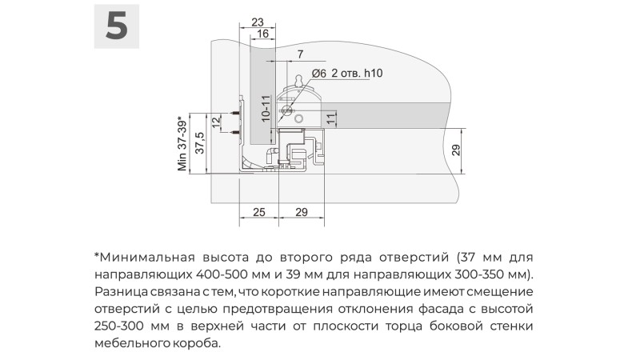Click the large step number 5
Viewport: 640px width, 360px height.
[117, 26]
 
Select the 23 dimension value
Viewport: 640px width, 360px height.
[257, 22]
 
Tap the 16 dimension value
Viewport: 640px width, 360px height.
[263, 34]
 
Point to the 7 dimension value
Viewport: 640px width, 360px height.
[301, 54]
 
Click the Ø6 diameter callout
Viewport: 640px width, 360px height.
[319, 73]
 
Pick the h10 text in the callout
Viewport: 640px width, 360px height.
[374, 73]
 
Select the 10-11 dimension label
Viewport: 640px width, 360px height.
[266, 109]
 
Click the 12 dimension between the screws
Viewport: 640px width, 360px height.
[216, 121]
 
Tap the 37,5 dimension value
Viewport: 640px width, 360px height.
[200, 143]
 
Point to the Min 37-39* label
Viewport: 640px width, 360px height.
[182, 144]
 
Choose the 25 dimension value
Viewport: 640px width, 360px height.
[258, 212]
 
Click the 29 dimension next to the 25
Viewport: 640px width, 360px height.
[302, 212]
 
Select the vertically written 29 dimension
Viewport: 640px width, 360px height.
[456, 150]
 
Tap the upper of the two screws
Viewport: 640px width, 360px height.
[235, 112]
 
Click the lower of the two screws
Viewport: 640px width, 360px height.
[235, 132]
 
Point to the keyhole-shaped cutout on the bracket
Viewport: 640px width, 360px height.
[299, 81]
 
